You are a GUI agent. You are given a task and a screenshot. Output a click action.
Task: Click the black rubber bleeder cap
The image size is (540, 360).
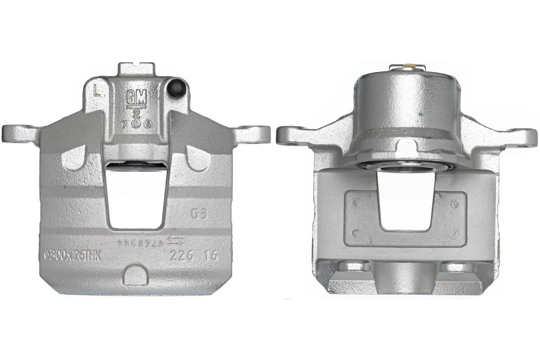tap(175, 89)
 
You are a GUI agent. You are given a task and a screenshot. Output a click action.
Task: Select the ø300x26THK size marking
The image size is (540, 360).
tap(72, 256)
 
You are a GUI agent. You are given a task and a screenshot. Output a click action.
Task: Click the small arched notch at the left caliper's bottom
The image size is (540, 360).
tap(135, 274)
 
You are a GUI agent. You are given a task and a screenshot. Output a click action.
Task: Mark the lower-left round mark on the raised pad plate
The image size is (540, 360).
tap(355, 233)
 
